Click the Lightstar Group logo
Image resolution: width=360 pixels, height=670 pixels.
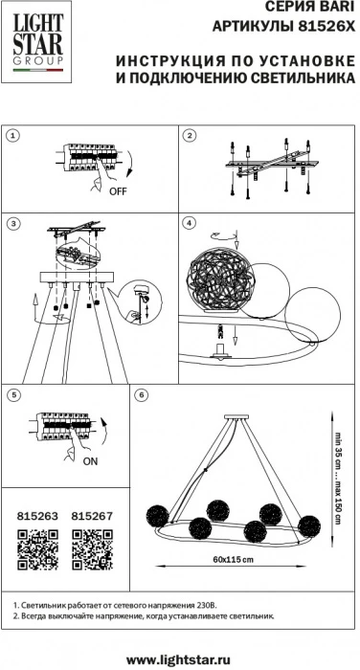pyautogui.click(x=38, y=42)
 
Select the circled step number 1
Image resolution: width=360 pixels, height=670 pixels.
pyautogui.click(x=13, y=136)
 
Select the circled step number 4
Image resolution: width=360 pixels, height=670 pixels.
pyautogui.click(x=189, y=223)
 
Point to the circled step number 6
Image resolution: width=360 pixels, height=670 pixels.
pyautogui.click(x=141, y=395)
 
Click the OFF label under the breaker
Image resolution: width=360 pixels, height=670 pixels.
pyautogui.click(x=118, y=191)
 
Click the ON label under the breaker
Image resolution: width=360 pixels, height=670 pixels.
pyautogui.click(x=90, y=461)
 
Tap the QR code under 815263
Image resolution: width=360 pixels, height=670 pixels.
pyautogui.click(x=37, y=549)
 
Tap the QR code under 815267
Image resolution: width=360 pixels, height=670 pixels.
pyautogui.click(x=92, y=549)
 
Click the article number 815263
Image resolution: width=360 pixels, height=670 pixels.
pyautogui.click(x=37, y=516)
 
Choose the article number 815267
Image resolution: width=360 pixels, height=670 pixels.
pyautogui.click(x=92, y=516)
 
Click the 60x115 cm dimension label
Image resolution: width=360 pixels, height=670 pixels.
pyautogui.click(x=231, y=559)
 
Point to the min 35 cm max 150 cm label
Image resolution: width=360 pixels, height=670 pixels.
pyautogui.click(x=339, y=477)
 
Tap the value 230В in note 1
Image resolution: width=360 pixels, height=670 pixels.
pyautogui.click(x=208, y=606)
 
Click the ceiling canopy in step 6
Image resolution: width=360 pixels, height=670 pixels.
pyautogui.click(x=236, y=416)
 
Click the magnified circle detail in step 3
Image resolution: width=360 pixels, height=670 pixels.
pyautogui.click(x=140, y=302)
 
